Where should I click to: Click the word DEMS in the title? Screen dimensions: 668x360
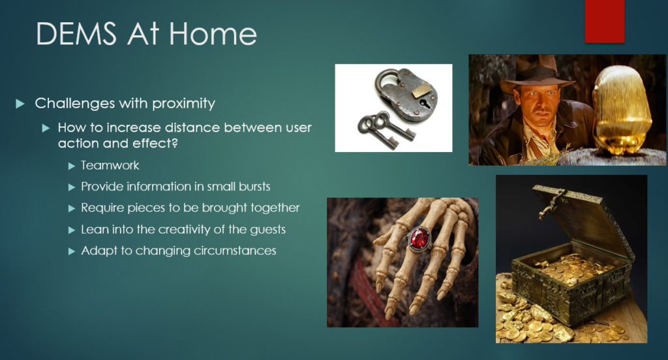(76, 34)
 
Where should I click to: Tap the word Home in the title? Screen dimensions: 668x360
(213, 34)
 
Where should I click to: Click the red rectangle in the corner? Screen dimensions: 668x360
(605, 22)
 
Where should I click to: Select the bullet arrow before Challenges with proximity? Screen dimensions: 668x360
(20, 104)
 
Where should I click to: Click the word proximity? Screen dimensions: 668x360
(183, 104)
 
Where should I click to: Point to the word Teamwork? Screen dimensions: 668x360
(110, 165)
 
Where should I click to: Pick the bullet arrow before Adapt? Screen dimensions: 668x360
(72, 251)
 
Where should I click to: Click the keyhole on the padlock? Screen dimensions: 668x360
(424, 103)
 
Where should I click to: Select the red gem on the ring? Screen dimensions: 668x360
(419, 238)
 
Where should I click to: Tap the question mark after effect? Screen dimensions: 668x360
(174, 143)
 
